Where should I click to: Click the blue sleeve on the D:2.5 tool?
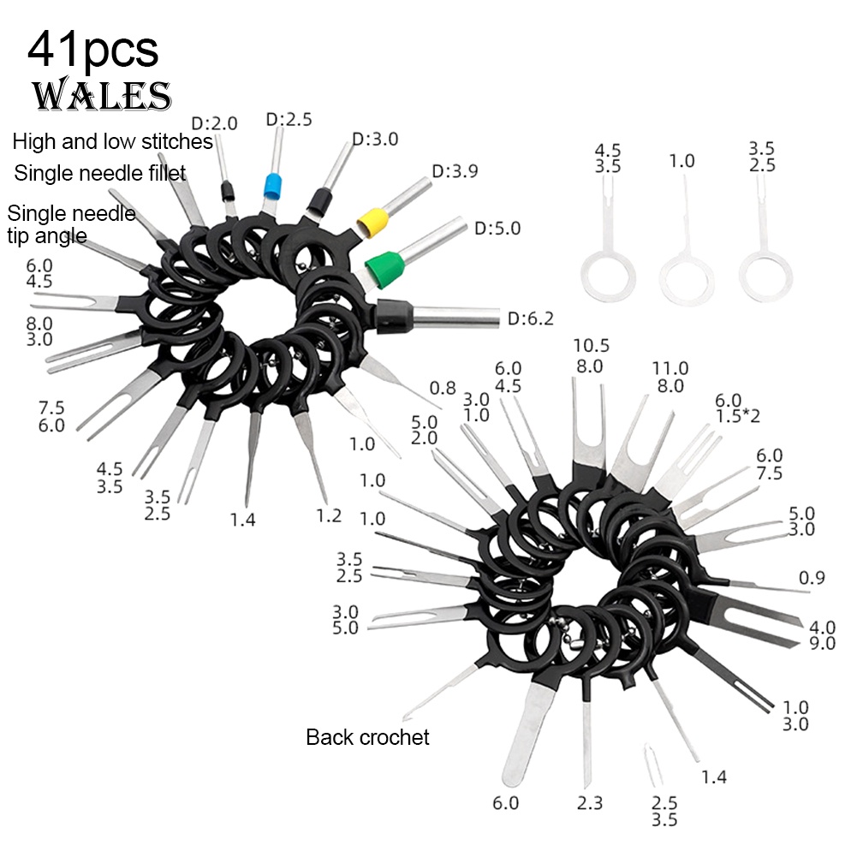[271, 187]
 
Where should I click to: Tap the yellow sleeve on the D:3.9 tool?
[372, 222]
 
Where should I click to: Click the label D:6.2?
[530, 318]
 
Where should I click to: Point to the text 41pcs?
[93, 50]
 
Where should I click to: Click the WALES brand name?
[102, 94]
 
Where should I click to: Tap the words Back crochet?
[367, 737]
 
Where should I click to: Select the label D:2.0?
[214, 123]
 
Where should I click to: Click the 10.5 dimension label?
[591, 345]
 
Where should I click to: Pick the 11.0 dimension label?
[670, 368]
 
